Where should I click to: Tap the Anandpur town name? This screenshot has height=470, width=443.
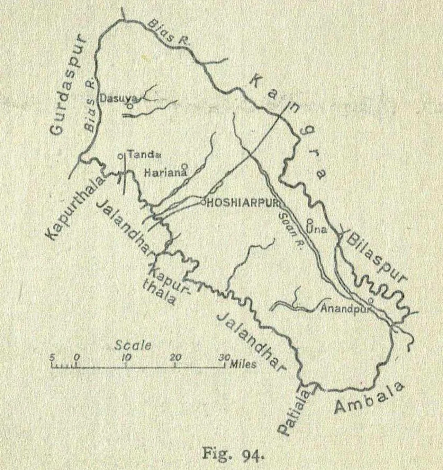point(343,308)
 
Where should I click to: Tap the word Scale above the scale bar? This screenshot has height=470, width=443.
point(133,345)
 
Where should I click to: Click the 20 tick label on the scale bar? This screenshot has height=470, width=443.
point(176,357)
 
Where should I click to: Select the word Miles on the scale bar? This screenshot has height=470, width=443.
point(243,364)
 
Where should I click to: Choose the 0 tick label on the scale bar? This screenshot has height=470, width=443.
point(77,357)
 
